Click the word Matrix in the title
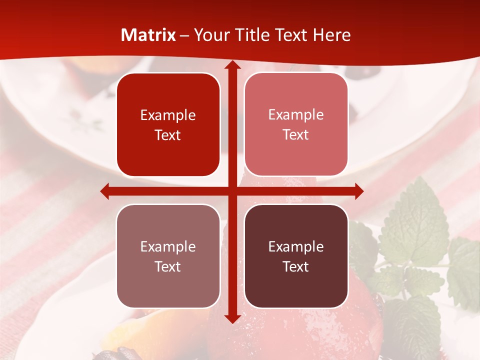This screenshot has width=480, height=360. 148,35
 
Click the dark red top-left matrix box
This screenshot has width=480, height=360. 168,124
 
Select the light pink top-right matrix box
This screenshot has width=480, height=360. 296,124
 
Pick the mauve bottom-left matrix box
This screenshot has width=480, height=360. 168,256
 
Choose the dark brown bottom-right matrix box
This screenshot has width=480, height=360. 296,256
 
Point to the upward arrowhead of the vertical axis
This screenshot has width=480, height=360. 232,66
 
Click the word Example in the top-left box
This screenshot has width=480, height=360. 168,115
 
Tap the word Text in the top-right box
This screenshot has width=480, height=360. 296,135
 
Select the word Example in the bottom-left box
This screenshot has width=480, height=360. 168,247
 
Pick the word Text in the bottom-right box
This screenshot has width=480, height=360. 296,266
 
